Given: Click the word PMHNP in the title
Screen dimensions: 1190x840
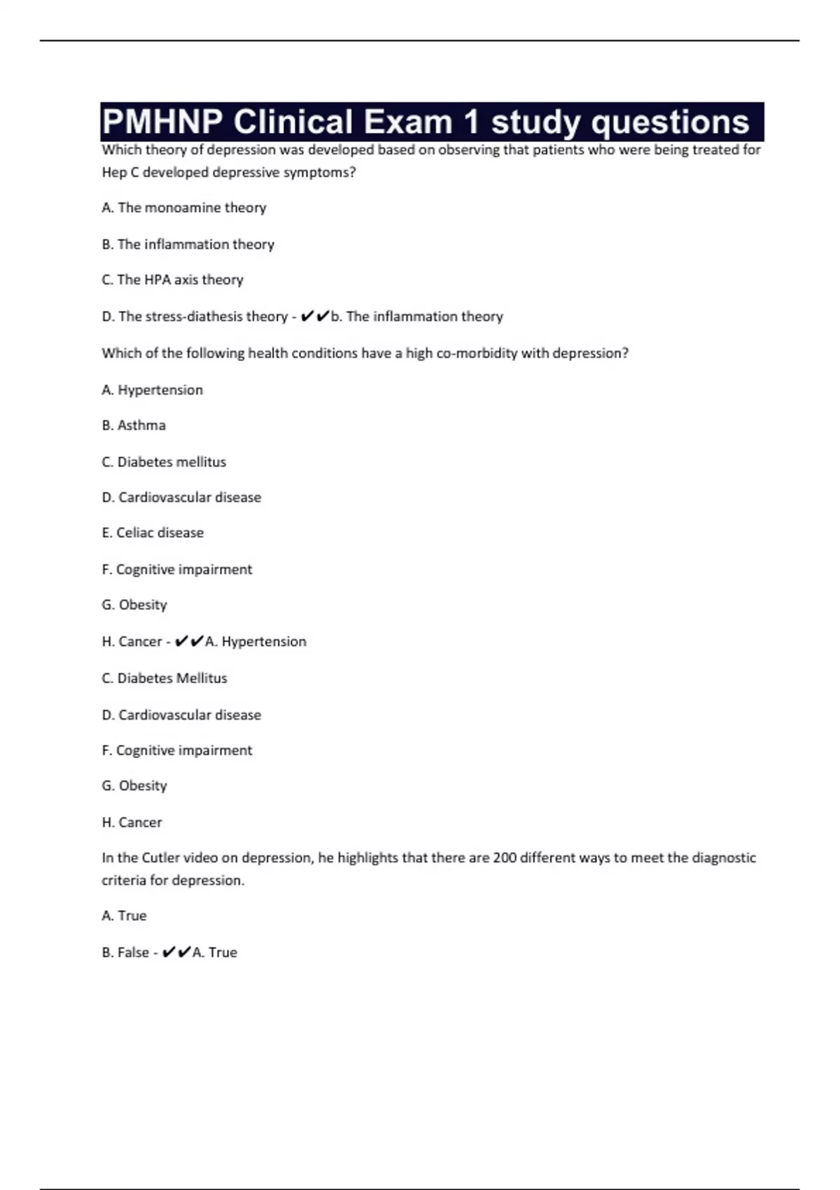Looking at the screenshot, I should pos(162,122).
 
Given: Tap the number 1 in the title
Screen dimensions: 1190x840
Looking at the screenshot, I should pos(471,122).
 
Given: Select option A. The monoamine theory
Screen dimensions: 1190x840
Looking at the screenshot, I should pos(184,208).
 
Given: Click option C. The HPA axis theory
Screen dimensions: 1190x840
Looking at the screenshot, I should pos(172,280).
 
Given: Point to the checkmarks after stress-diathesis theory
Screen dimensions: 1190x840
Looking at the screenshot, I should pos(314,316).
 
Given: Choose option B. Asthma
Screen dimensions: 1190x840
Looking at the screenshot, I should pos(134,426).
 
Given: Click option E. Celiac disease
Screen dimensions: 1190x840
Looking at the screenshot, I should pos(153,533).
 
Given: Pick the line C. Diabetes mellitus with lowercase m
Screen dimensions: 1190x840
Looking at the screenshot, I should pos(164,462).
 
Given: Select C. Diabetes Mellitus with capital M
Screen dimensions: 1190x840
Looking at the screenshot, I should pos(164,678).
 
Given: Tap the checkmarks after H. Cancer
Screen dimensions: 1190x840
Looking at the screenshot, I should pos(189,641).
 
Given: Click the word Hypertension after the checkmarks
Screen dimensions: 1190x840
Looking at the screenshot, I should pos(264,642).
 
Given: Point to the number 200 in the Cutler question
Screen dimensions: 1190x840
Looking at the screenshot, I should pos(504,857).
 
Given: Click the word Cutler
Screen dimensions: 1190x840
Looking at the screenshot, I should pos(160,857).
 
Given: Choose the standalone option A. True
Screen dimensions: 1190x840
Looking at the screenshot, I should pos(124,916).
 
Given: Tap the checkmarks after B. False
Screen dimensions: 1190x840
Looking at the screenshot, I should pos(176,952).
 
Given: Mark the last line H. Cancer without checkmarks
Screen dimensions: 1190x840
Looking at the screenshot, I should pos(132,822).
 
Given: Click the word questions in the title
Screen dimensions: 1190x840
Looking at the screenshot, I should pos(670,122).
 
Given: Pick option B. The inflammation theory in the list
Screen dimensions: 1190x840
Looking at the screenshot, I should pos(188,244).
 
